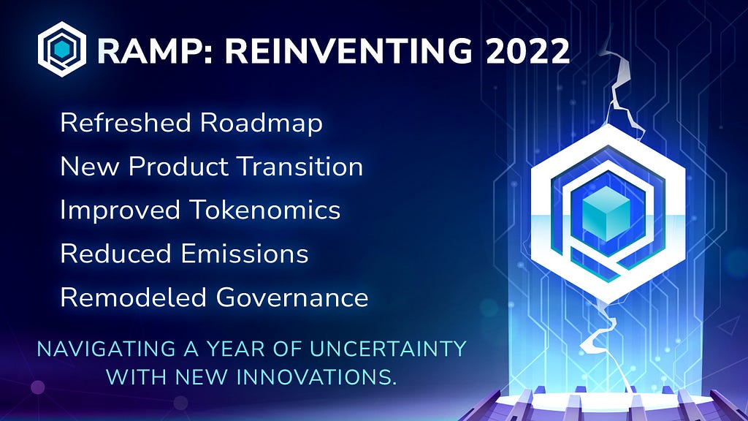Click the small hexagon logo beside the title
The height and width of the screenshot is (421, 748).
[62, 49]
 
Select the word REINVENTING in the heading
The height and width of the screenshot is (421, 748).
[348, 50]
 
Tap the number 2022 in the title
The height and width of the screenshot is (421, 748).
[527, 50]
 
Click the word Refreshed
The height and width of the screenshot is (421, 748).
[126, 122]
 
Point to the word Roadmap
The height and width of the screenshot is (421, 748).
[262, 124]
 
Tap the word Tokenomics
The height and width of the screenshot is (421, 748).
[264, 210]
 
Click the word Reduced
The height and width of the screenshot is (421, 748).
[116, 254]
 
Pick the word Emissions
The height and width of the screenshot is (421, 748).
[245, 254]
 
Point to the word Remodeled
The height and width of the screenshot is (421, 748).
[133, 297]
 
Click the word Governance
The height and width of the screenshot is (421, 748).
[292, 297]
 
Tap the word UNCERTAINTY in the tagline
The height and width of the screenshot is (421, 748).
[388, 349]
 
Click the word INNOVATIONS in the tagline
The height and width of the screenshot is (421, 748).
[317, 376]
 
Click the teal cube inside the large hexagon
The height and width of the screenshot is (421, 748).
[606, 213]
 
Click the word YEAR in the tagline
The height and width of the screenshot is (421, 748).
[236, 349]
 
